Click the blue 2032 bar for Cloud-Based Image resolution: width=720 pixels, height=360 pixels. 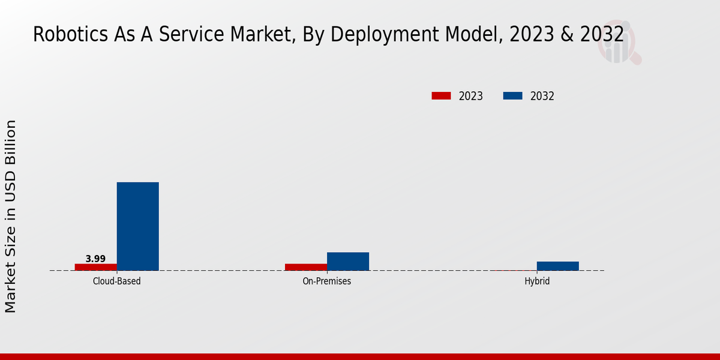(x=137, y=226)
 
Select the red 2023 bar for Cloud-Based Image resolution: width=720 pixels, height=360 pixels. (x=96, y=267)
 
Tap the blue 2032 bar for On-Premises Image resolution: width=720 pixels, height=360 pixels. (x=348, y=261)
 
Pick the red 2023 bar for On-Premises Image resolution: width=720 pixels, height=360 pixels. (x=306, y=267)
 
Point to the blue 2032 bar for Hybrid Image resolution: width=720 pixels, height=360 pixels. (x=558, y=266)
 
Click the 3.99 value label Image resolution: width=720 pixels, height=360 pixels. (x=95, y=259)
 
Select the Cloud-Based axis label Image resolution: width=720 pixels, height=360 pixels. (x=117, y=281)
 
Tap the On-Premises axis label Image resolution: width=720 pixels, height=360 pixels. (x=327, y=281)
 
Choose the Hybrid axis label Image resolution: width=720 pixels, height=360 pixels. (x=537, y=281)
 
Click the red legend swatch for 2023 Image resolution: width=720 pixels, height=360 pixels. (x=441, y=96)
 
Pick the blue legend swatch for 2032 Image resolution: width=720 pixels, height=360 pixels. (x=512, y=96)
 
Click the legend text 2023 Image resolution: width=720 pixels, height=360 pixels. (x=471, y=96)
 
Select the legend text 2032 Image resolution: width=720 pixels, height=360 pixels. (x=542, y=96)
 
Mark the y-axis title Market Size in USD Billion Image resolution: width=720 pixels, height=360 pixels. (x=11, y=216)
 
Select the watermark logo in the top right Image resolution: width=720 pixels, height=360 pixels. (x=619, y=45)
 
